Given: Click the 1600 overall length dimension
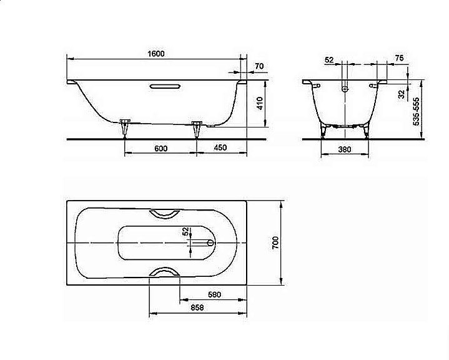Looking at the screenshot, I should (156, 54).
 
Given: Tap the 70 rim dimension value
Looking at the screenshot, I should (259, 66).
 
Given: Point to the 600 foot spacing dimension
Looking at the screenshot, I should (160, 148).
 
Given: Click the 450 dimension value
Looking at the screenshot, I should (220, 148).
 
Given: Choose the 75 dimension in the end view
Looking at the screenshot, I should (399, 58).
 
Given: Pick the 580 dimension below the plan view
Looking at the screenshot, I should (214, 294).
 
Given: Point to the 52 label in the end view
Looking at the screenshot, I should (329, 59).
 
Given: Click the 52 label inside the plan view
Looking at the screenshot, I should (185, 231).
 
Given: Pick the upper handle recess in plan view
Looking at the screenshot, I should (165, 213).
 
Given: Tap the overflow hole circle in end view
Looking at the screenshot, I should (344, 89).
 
